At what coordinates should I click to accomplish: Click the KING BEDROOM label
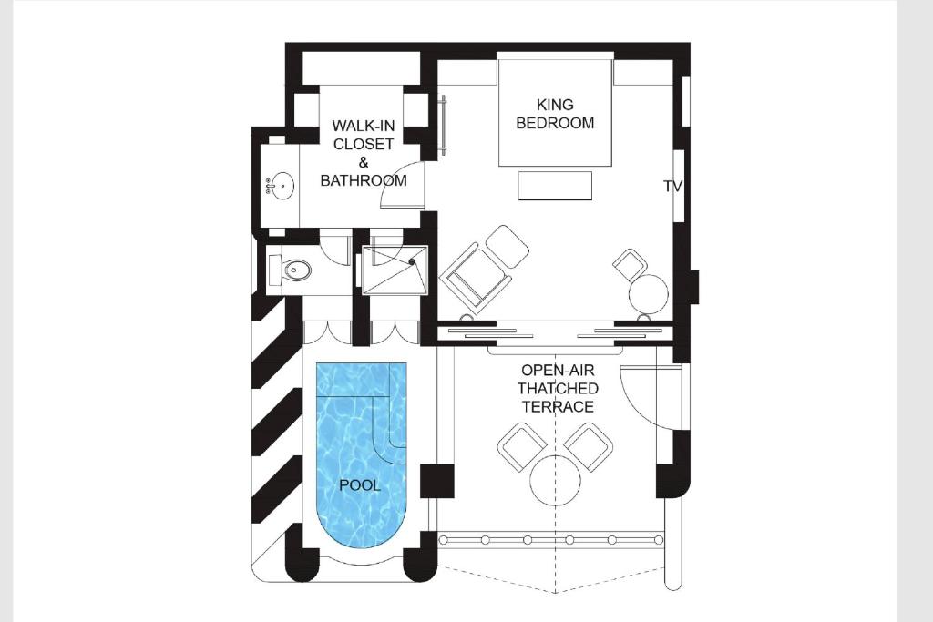[x=555, y=114]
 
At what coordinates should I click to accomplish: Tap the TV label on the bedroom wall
[x=672, y=187]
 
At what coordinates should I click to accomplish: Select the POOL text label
[x=359, y=485]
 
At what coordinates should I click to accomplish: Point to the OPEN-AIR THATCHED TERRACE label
[x=558, y=388]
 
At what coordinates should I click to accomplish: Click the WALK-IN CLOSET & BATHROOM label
[x=364, y=153]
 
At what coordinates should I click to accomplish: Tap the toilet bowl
[x=297, y=270]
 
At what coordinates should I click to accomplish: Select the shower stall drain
[x=412, y=261]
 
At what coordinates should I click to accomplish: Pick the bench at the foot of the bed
[x=555, y=186]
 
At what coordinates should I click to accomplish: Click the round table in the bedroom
[x=649, y=293]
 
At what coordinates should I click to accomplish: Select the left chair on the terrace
[x=522, y=446]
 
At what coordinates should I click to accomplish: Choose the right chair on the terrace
[x=590, y=446]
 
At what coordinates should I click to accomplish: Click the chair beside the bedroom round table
[x=630, y=265]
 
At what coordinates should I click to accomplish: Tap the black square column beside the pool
[x=437, y=482]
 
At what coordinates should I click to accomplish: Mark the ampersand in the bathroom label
[x=363, y=162]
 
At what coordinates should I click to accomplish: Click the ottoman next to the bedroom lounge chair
[x=508, y=246]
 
